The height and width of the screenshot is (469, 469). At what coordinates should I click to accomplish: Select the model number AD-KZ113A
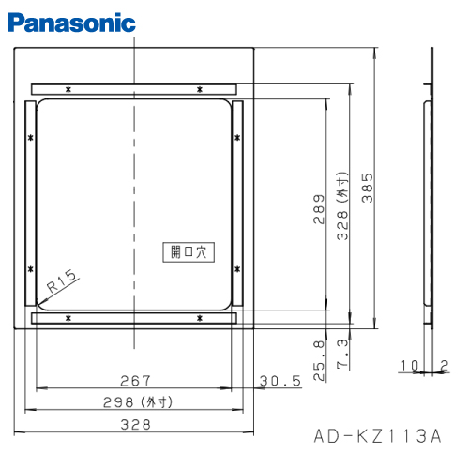click(376, 436)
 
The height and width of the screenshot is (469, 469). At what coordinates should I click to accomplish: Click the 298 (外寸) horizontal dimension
click(137, 401)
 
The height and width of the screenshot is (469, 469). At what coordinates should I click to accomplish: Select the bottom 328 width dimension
click(135, 425)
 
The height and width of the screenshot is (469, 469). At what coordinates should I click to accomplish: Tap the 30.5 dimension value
click(279, 380)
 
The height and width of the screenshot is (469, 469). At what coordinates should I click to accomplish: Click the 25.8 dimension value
click(319, 354)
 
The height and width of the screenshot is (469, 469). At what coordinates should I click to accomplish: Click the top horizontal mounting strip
click(135, 88)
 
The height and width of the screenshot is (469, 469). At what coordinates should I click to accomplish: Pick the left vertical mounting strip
click(29, 204)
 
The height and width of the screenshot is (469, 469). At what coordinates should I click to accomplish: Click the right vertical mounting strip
click(238, 204)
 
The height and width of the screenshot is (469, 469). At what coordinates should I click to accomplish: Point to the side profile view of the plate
click(431, 188)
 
